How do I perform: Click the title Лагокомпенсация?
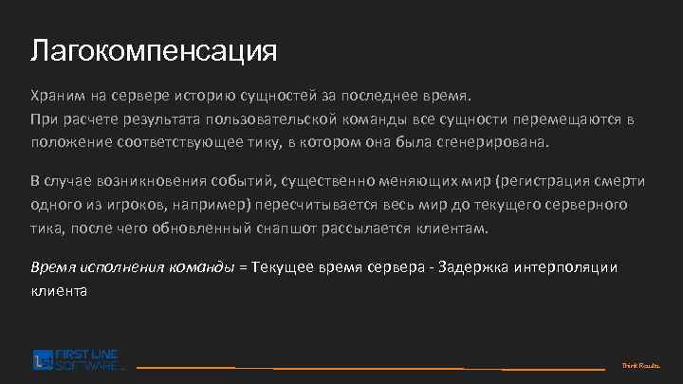pos(154,49)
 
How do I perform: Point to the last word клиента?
pos(59,290)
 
